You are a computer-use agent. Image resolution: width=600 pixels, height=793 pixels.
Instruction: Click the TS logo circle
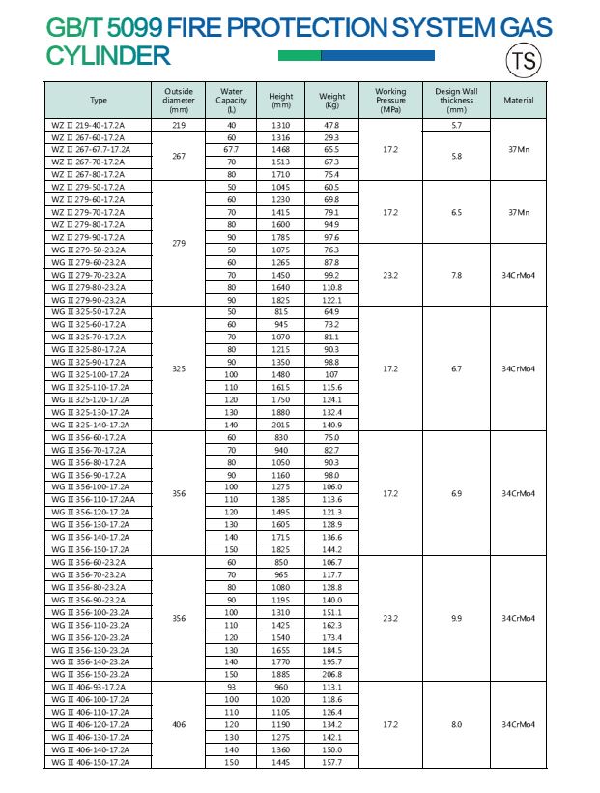tap(522, 61)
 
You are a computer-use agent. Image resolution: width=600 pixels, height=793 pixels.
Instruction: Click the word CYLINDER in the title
tap(108, 56)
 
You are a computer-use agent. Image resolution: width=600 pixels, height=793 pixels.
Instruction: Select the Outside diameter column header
tap(179, 100)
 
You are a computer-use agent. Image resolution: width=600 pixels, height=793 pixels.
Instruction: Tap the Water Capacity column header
tap(231, 100)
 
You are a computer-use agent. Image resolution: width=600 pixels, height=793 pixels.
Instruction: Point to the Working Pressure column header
tap(390, 100)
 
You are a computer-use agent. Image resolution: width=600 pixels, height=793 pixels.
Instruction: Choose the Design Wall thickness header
tap(456, 100)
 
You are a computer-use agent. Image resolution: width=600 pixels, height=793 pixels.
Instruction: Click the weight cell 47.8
tap(331, 126)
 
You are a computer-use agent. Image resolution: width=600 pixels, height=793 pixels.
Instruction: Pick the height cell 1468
tap(281, 150)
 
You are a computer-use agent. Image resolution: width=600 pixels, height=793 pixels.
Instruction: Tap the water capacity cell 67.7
tap(231, 150)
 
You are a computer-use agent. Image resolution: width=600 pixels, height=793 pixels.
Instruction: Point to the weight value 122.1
tap(331, 300)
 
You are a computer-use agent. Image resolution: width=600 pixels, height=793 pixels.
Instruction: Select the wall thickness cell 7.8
tap(456, 275)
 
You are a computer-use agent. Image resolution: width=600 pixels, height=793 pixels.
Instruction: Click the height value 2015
tap(281, 425)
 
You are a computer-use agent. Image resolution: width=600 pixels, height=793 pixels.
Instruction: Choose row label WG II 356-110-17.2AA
tap(93, 499)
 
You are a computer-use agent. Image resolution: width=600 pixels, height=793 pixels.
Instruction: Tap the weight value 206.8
tap(331, 674)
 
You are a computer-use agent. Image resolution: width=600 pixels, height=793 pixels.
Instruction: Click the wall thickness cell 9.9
tap(456, 618)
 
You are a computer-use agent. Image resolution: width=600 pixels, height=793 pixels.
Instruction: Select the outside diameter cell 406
tap(179, 724)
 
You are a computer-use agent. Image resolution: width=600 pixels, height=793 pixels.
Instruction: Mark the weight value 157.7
tap(331, 762)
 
